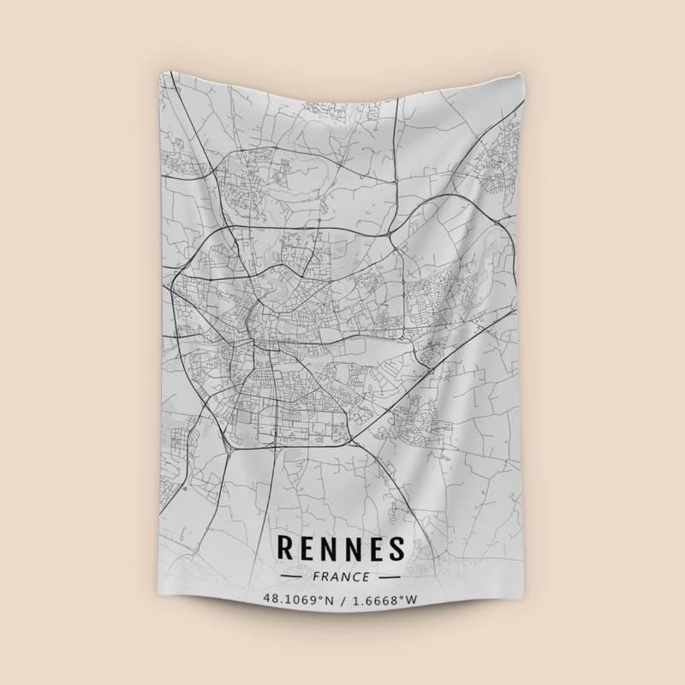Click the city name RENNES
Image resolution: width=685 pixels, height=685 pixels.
coord(340,547)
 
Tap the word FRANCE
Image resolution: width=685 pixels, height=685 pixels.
coord(341,577)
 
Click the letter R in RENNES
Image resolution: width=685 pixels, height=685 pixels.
coord(285,547)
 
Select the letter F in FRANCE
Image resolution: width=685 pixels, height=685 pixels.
coord(318,577)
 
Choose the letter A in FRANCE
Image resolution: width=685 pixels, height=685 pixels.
coord(336,577)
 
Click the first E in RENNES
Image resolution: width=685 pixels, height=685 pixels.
coord(307,547)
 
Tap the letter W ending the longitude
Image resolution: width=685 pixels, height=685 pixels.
coord(412,599)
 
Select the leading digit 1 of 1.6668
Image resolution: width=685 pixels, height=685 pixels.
coord(354,599)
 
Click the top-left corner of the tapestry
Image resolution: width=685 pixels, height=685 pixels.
coord(160,72)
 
